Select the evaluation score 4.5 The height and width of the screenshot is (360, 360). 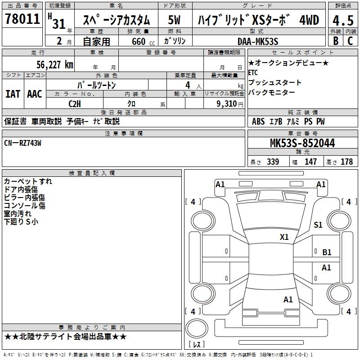342,21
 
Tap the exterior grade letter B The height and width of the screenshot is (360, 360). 335,41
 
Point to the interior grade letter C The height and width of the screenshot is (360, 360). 350,41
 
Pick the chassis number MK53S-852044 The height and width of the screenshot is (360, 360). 302,143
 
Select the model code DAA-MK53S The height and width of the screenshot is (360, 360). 258,41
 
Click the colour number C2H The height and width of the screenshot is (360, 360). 74,103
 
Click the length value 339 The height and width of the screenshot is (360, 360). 272,162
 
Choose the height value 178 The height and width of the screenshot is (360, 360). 346,162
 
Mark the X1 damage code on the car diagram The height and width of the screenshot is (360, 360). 284,237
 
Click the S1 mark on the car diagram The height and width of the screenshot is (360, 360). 318,225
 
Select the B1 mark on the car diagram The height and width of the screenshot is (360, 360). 327,252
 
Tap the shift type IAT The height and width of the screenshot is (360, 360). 13,94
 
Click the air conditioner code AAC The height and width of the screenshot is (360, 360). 35,94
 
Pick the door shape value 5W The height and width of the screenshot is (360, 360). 175,21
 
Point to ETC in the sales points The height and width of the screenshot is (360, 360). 253,72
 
